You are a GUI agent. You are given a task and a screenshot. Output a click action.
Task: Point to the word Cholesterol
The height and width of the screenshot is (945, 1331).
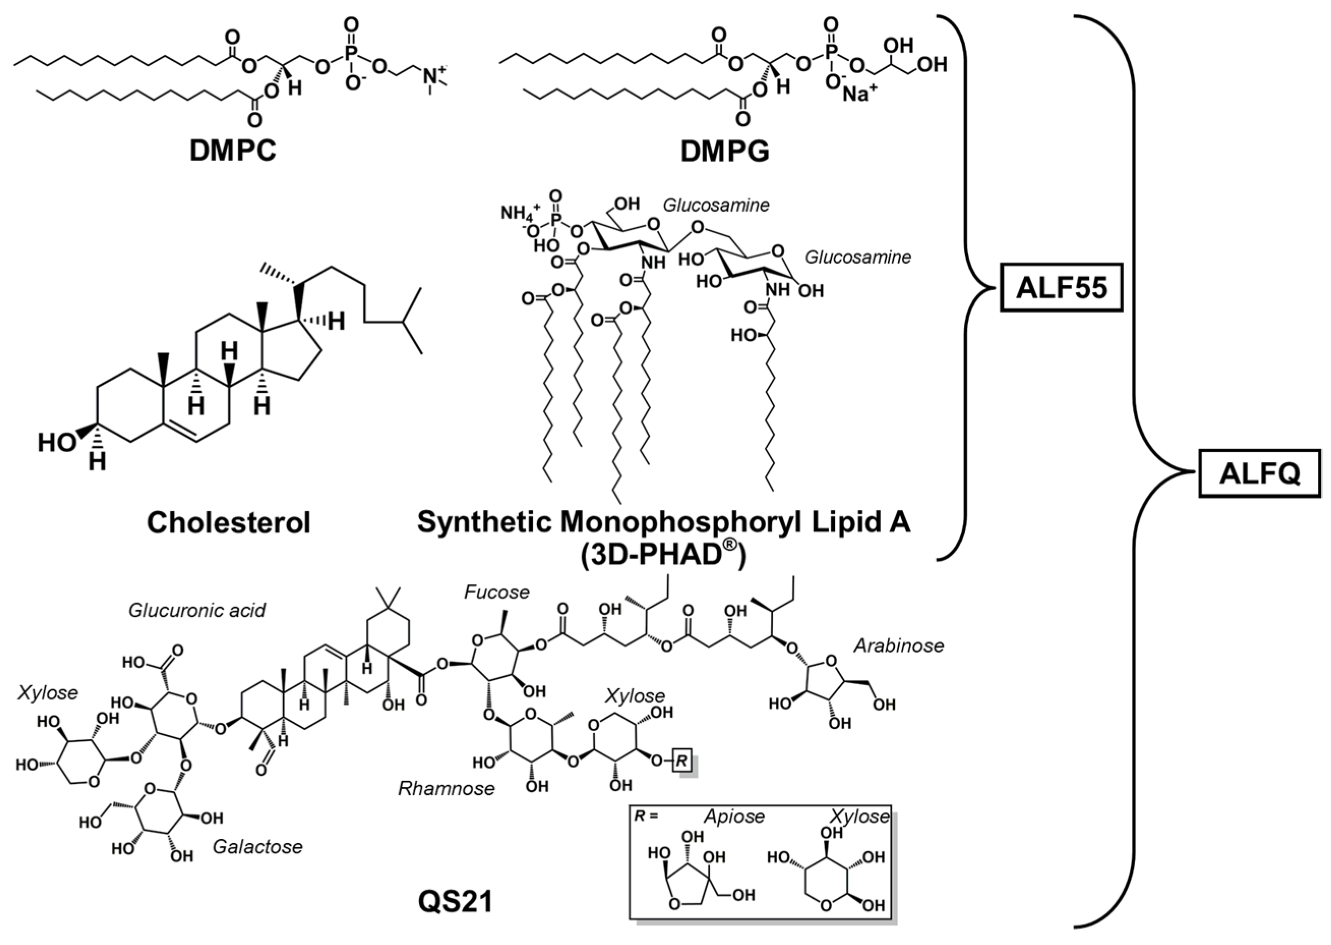click(229, 523)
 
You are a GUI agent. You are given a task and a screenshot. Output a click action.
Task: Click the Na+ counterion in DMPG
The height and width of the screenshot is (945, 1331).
click(860, 110)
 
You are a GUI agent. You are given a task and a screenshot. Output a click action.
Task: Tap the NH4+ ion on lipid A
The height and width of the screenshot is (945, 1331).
click(520, 214)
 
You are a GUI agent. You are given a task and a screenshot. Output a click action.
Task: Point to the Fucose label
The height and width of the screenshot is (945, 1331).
click(497, 592)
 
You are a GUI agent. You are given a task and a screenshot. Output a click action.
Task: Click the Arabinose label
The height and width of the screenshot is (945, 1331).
click(899, 645)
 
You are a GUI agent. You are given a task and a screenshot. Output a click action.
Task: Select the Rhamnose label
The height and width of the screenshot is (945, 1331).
click(446, 788)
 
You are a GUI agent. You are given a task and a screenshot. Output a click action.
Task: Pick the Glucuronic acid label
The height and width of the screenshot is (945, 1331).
click(197, 611)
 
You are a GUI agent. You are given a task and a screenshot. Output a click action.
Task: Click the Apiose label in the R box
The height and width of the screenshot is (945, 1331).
click(734, 816)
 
